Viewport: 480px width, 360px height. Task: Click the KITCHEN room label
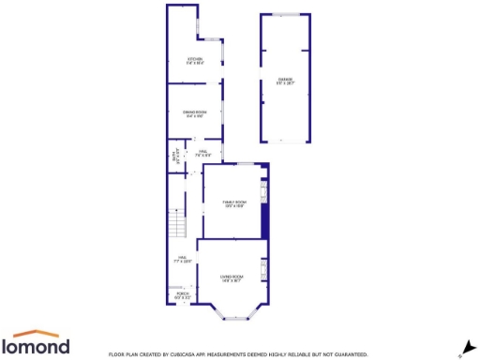pos(195,62)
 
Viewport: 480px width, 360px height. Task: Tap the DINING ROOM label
pos(195,115)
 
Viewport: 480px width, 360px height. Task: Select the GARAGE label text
pos(285,81)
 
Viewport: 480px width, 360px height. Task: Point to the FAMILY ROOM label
pos(233,203)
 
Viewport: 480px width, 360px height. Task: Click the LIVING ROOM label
pos(232,277)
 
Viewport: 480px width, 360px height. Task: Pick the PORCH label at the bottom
pos(183,295)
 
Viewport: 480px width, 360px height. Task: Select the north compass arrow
pos(463,346)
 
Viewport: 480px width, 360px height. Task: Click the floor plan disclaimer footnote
pos(237,354)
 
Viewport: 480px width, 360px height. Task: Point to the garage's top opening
pos(285,15)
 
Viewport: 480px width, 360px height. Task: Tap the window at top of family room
pos(247,164)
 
